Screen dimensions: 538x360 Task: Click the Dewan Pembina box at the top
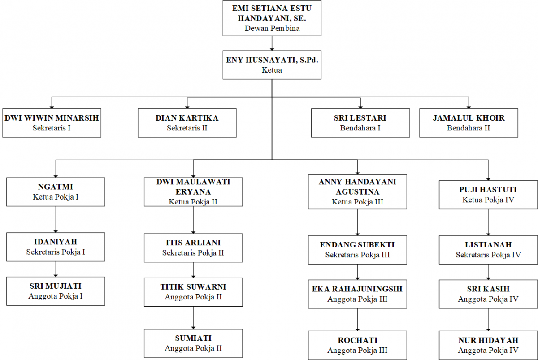[272, 18]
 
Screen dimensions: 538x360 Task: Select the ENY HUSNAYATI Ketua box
[272, 65]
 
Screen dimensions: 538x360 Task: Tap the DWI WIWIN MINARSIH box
[52, 123]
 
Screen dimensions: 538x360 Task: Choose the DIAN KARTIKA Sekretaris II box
[187, 123]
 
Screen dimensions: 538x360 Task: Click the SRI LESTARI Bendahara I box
[360, 123]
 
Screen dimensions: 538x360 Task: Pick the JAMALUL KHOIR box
[469, 123]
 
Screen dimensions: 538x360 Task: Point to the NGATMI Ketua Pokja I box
[56, 192]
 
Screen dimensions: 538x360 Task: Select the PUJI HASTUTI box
[488, 195]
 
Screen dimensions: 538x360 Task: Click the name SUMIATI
[193, 338]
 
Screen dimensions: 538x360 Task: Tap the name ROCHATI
[358, 340]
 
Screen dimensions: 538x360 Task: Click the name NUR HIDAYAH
[488, 340]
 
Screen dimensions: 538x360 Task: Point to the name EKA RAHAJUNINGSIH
[357, 289]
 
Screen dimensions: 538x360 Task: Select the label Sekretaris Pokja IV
[488, 255]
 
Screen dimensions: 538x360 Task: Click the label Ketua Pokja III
[357, 202]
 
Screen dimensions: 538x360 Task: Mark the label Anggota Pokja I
[56, 296]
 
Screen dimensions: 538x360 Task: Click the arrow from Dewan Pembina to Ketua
[272, 43]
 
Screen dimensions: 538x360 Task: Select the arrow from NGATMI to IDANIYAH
[56, 220]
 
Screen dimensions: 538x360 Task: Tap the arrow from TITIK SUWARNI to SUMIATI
[193, 318]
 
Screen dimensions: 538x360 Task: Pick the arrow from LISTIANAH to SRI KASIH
[488, 272]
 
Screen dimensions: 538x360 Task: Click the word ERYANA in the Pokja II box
[193, 192]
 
